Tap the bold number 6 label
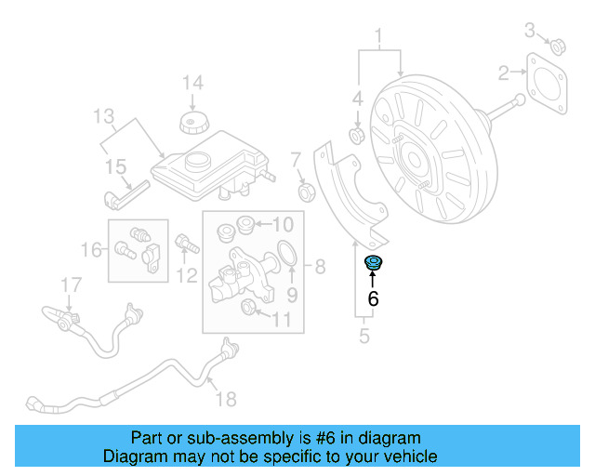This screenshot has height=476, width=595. coord(374,298)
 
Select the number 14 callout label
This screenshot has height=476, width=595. coord(192,83)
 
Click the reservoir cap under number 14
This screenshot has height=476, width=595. coord(191,123)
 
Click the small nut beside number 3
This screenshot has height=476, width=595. coord(559,46)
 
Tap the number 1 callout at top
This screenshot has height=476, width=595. coord(379,37)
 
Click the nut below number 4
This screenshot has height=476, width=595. coord(356,138)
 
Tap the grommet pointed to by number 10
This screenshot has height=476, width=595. coord(246,224)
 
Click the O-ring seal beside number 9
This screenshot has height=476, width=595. coord(289,252)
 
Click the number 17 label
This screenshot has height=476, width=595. coord(72,283)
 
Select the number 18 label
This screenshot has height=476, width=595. coord(226,399)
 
